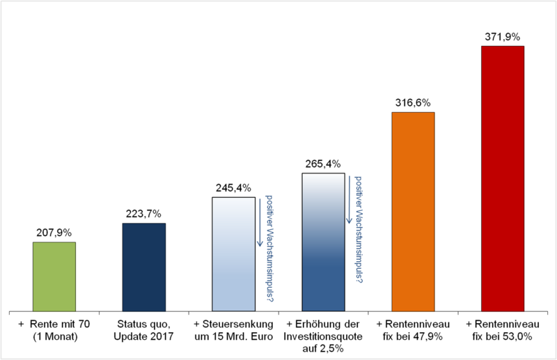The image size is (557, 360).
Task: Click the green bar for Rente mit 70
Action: pos(54,276)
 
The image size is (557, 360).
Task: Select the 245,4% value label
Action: pos(233,187)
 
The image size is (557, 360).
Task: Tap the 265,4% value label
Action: pos(323,164)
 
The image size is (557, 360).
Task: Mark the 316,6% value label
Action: pos(413,103)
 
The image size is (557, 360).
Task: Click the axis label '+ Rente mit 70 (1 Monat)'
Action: pos(54,330)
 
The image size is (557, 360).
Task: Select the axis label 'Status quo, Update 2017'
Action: pos(143,330)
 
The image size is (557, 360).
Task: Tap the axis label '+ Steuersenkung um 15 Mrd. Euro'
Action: pos(233,330)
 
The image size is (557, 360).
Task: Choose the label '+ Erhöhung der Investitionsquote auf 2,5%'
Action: pos(323,335)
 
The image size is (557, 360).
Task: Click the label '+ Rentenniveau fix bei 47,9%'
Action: pos(413,330)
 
